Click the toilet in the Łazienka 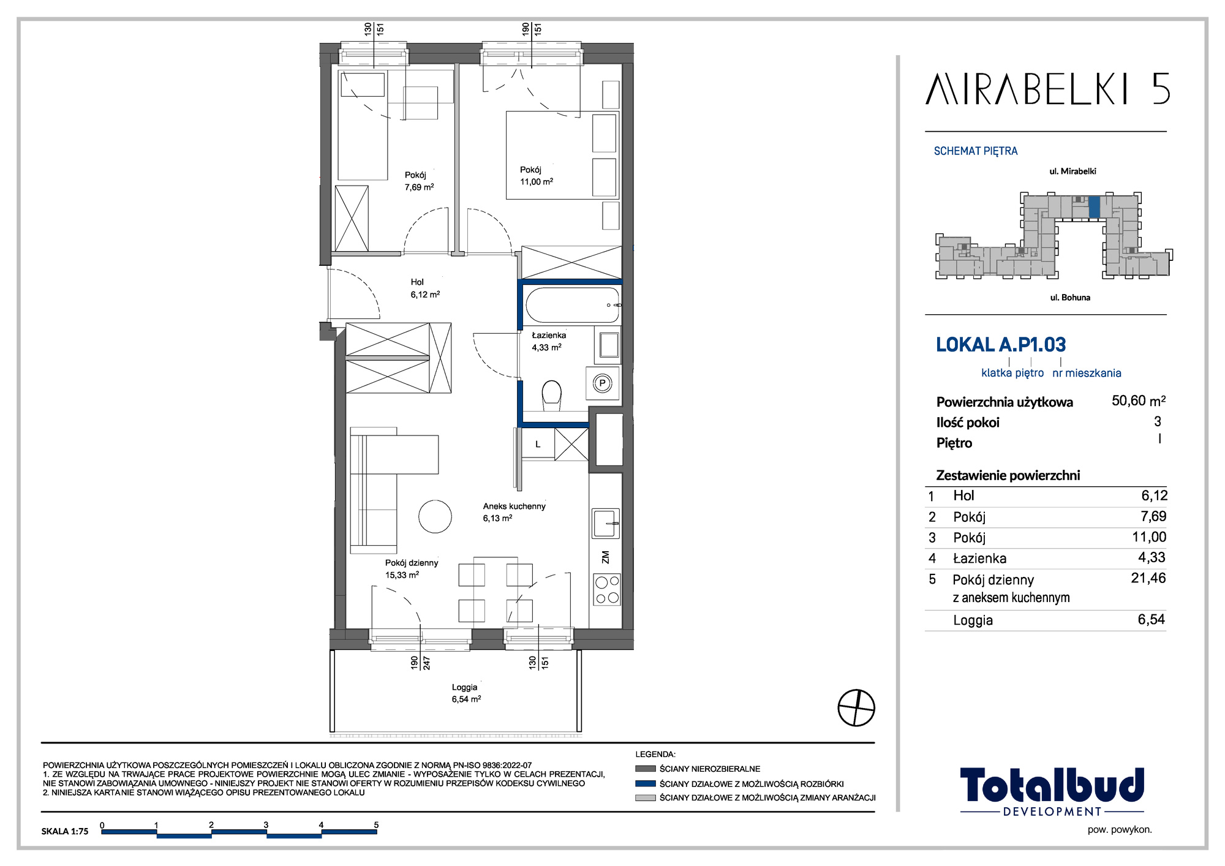click(x=552, y=396)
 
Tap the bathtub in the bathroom click(x=572, y=305)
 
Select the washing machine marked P click(x=603, y=383)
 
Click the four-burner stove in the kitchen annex click(x=607, y=589)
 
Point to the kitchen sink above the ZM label click(x=606, y=523)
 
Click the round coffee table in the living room click(x=435, y=516)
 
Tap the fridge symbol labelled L click(x=538, y=444)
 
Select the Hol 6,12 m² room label click(x=425, y=288)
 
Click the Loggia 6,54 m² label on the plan click(x=466, y=693)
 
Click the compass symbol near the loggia click(x=856, y=708)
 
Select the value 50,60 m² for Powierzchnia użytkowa click(x=1139, y=401)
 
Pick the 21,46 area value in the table click(x=1148, y=578)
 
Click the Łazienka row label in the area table click(x=979, y=558)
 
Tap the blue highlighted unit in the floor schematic click(x=1095, y=207)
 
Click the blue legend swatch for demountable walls click(x=646, y=783)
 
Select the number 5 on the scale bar click(x=376, y=825)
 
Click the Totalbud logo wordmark click(x=1052, y=785)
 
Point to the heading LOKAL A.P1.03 click(x=1001, y=345)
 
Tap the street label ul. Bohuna click(x=1070, y=298)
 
